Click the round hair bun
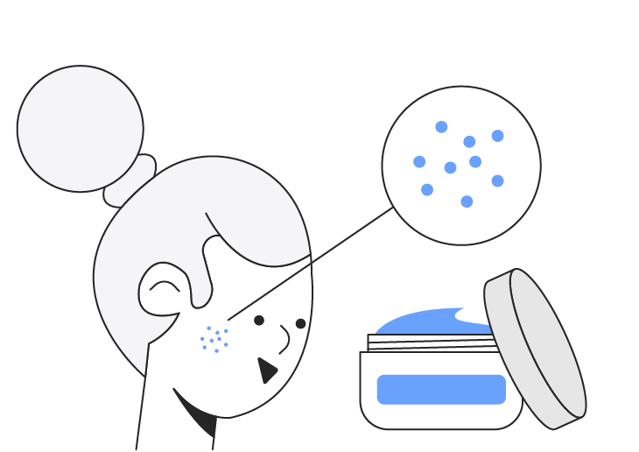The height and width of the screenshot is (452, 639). (80, 128)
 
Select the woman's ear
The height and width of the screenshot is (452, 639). (162, 289)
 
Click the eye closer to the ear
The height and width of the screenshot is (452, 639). (259, 321)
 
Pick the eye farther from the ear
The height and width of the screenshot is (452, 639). (300, 323)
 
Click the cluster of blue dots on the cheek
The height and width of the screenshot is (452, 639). (214, 339)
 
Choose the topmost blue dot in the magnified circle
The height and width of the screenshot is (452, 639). (441, 127)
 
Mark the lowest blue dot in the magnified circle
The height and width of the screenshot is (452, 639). (467, 201)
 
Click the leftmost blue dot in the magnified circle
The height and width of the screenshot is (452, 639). (419, 162)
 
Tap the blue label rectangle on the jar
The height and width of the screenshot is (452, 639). (441, 389)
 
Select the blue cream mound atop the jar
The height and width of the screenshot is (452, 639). (429, 322)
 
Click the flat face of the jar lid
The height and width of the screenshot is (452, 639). (547, 346)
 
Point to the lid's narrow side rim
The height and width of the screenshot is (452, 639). (499, 289)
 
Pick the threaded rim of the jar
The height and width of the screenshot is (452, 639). (429, 343)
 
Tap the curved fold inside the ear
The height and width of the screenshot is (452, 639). (164, 285)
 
